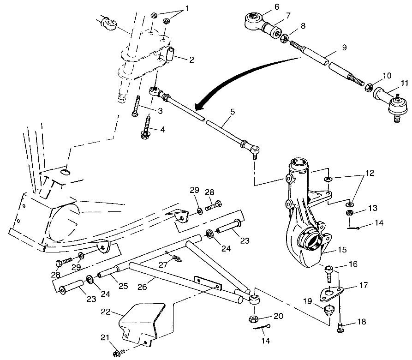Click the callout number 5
tap(233, 111)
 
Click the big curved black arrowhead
tap(197, 107)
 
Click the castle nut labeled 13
tap(350, 213)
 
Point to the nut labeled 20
tap(254, 318)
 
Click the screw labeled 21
tap(117, 354)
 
